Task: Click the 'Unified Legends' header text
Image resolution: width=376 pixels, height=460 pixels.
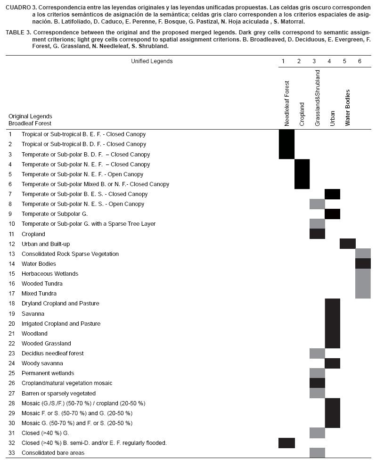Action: [152, 61]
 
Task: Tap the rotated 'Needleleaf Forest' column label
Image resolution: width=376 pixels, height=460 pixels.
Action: [287, 103]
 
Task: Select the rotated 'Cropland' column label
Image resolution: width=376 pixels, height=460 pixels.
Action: [302, 114]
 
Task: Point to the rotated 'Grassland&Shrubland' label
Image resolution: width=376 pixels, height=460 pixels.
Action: [317, 98]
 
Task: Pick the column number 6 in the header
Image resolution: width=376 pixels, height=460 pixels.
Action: [360, 61]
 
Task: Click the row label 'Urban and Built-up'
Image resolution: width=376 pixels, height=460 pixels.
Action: [46, 244]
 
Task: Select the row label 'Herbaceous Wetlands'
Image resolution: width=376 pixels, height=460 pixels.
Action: [50, 274]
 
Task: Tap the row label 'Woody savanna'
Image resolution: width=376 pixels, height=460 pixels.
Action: [42, 363]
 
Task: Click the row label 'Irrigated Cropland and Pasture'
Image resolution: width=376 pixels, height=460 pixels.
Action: [61, 324]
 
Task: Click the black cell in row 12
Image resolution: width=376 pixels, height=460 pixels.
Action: [348, 244]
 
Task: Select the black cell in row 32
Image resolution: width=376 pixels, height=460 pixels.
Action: [287, 443]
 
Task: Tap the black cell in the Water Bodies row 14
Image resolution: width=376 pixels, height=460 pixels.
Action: [363, 263]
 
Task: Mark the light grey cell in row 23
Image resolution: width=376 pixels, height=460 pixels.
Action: [317, 353]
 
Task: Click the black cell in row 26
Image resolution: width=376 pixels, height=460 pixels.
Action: [317, 383]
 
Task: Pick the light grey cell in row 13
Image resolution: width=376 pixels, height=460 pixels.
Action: [363, 254]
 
